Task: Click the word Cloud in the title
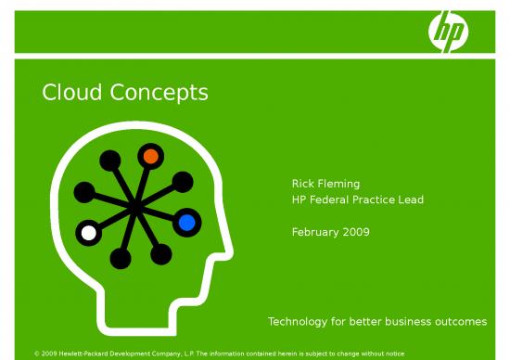[74, 93]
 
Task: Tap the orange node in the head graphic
[150, 157]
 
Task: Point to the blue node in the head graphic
[186, 222]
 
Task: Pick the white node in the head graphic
[88, 233]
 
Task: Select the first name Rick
[303, 184]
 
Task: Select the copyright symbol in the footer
[36, 354]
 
